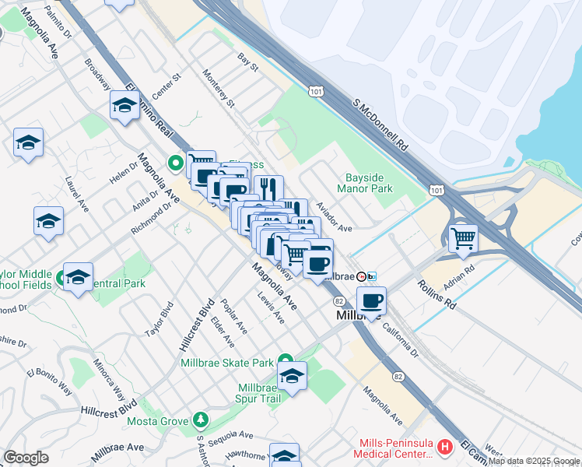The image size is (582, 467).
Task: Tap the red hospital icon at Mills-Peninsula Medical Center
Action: coord(444,447)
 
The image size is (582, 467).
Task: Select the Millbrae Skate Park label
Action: coord(226,363)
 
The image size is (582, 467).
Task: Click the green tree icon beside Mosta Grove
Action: coord(201,421)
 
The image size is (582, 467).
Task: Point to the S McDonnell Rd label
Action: coord(380,125)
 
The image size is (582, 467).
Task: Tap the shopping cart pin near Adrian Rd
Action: coord(463,237)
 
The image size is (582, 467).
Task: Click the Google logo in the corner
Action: coord(26,458)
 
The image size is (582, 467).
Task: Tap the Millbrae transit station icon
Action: coord(361,276)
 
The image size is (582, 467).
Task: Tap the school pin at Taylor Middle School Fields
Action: coord(78,276)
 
